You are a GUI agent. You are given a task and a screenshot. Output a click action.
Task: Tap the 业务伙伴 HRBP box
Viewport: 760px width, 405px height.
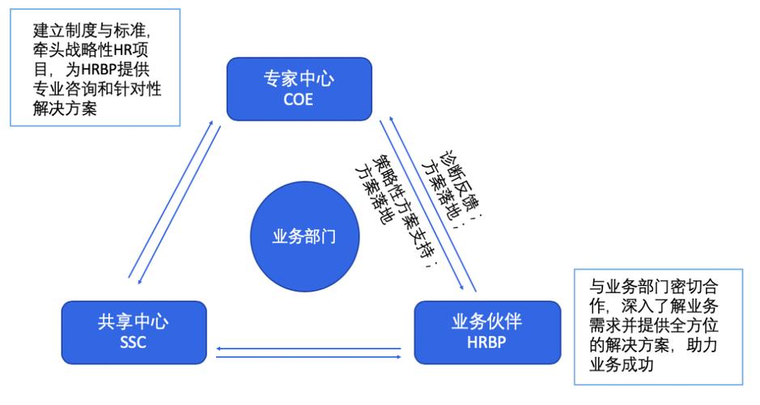coord(486,331)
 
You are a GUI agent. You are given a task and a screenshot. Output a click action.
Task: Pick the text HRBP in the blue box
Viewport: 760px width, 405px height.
coord(486,343)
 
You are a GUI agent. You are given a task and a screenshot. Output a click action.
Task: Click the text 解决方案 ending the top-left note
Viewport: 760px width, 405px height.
coord(64,109)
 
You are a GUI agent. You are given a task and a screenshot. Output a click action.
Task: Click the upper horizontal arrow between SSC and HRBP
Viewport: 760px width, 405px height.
coord(308,348)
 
